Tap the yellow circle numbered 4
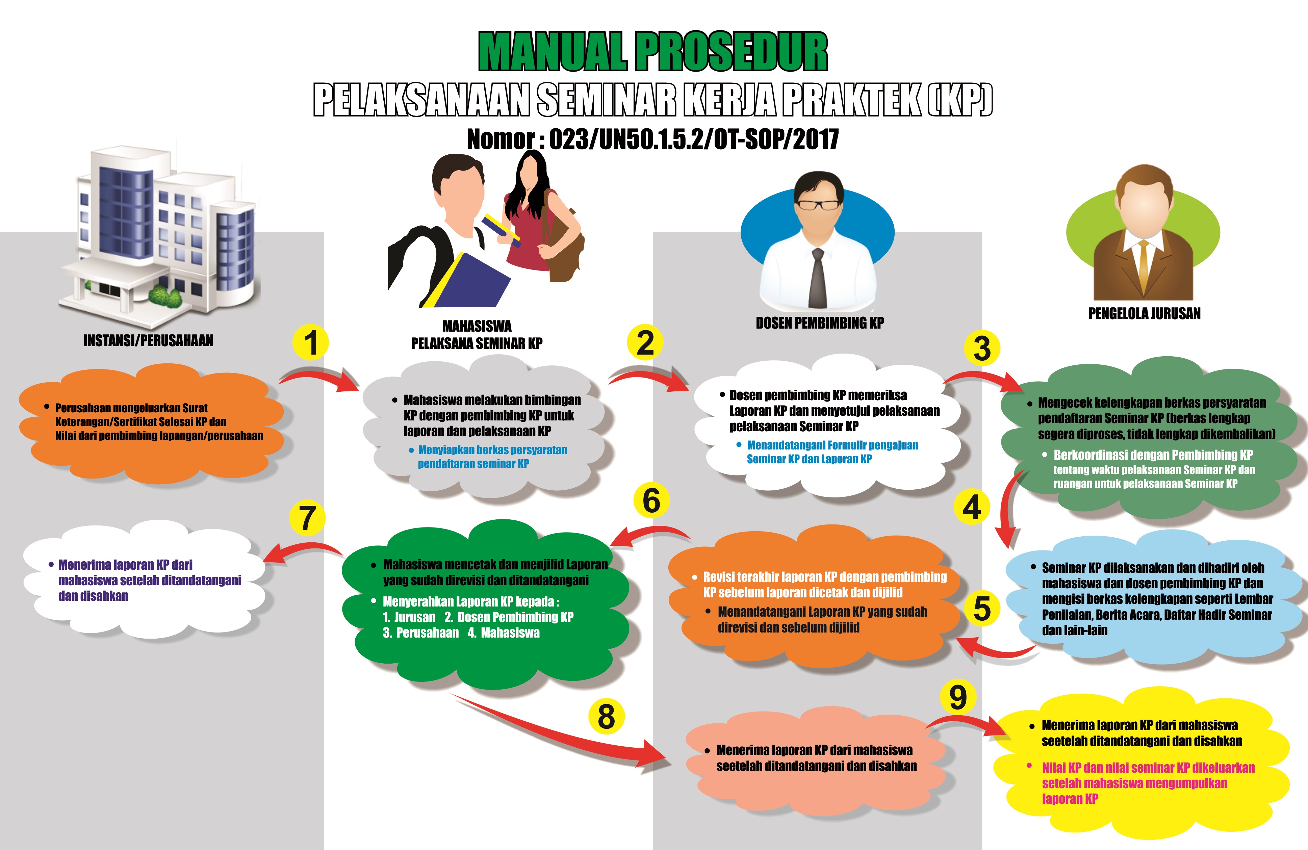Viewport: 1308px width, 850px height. [972, 507]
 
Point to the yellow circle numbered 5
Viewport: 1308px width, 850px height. [981, 608]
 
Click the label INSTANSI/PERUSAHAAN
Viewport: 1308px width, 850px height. [148, 341]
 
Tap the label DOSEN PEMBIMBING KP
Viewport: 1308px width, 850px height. [819, 323]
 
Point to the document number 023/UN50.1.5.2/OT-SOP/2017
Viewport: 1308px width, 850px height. [694, 139]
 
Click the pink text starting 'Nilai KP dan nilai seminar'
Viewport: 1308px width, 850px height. [1148, 783]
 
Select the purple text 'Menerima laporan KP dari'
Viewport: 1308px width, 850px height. [125, 565]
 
